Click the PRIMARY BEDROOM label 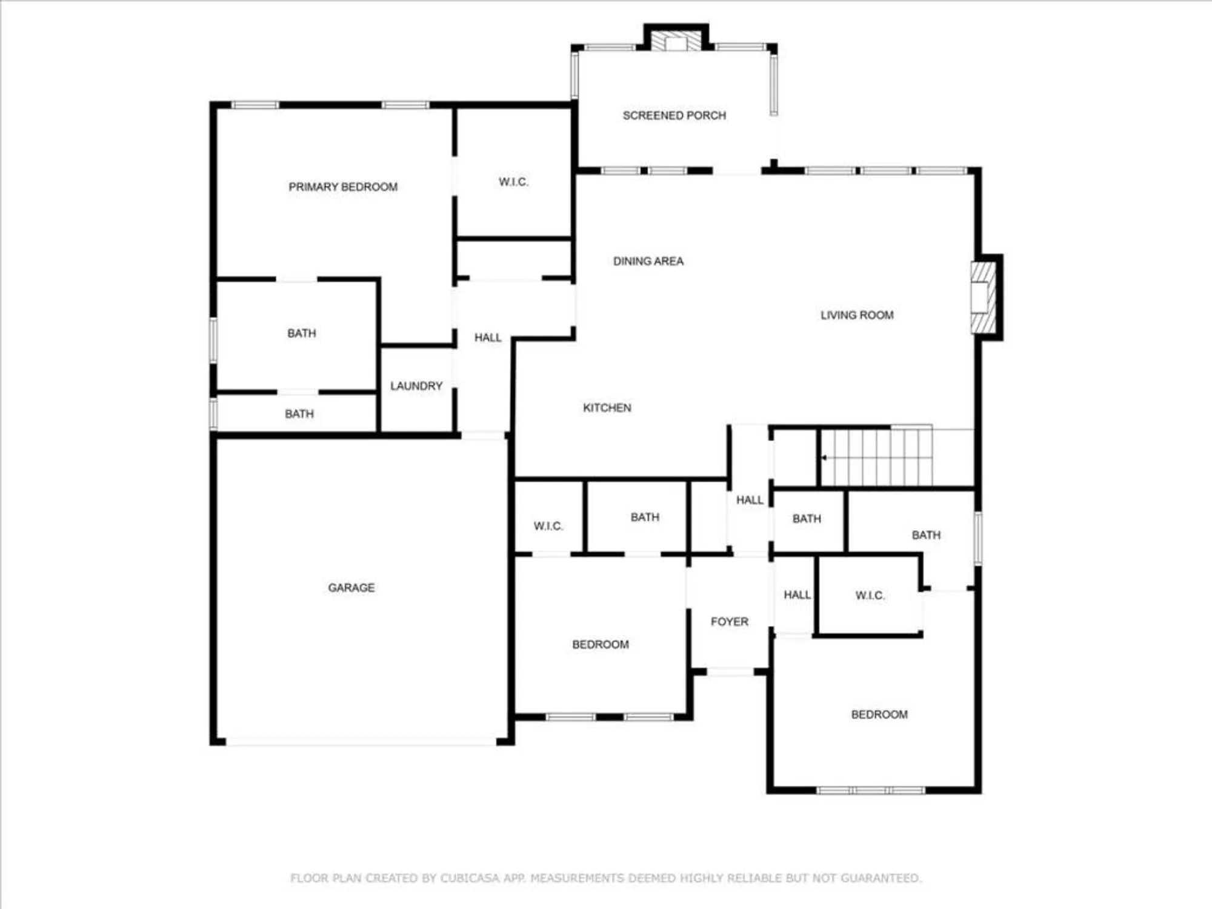tap(343, 187)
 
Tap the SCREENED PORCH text tap(674, 115)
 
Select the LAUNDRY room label tap(416, 386)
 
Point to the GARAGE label tap(351, 587)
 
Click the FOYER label tap(729, 621)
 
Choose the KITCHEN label tap(607, 408)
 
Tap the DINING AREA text tap(648, 261)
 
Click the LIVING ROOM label tap(856, 315)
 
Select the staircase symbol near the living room tap(879, 458)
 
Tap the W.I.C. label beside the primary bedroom tap(513, 182)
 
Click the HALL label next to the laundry tap(487, 338)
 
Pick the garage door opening tap(361, 742)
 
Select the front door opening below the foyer tap(730, 671)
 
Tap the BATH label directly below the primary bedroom tap(301, 333)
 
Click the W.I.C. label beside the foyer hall tap(870, 595)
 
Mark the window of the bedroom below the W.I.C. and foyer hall tap(870, 790)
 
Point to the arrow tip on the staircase tap(823, 458)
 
